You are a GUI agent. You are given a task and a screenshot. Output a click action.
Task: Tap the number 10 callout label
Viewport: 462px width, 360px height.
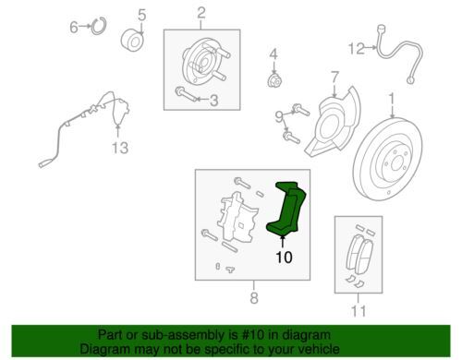tap(284, 258)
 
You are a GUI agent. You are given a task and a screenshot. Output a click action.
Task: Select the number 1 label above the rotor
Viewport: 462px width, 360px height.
tap(392, 100)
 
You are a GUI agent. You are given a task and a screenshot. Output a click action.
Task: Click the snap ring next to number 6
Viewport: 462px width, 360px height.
tap(99, 27)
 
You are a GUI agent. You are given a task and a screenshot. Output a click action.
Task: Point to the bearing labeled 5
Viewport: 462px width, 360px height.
tap(132, 42)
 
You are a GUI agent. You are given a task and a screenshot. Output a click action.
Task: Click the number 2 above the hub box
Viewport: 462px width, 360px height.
tap(201, 13)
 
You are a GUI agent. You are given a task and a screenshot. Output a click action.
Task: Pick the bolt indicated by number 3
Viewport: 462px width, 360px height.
tap(187, 94)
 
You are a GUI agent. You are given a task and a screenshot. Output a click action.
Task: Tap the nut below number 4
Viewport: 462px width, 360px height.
tap(274, 80)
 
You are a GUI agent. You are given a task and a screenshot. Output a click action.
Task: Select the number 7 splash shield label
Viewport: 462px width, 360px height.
tap(335, 78)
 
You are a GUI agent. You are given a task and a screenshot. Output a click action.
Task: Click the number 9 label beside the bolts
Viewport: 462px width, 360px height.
tap(279, 117)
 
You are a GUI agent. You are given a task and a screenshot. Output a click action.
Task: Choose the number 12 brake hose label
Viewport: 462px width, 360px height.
tap(356, 49)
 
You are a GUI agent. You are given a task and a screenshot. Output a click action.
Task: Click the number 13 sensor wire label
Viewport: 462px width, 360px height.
tap(120, 148)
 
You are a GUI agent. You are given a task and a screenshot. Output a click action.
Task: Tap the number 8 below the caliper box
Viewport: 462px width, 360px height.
tap(254, 297)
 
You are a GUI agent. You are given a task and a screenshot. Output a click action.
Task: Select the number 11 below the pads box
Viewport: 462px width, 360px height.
tap(359, 311)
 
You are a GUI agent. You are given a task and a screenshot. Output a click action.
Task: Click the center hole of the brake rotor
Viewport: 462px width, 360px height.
tap(397, 163)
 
